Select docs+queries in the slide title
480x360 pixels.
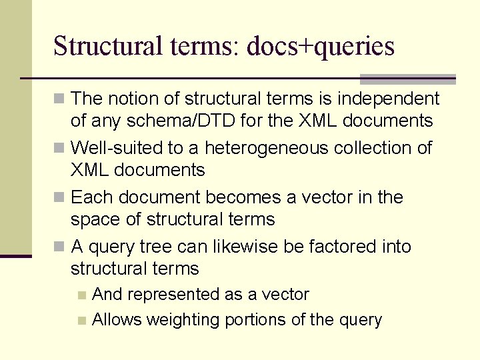pyautogui.click(x=321, y=47)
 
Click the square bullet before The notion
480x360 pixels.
pyautogui.click(x=61, y=99)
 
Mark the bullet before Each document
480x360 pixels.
pyautogui.click(x=61, y=198)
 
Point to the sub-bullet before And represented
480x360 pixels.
pyautogui.click(x=81, y=295)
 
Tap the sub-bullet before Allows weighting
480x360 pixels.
pyautogui.click(x=81, y=320)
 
